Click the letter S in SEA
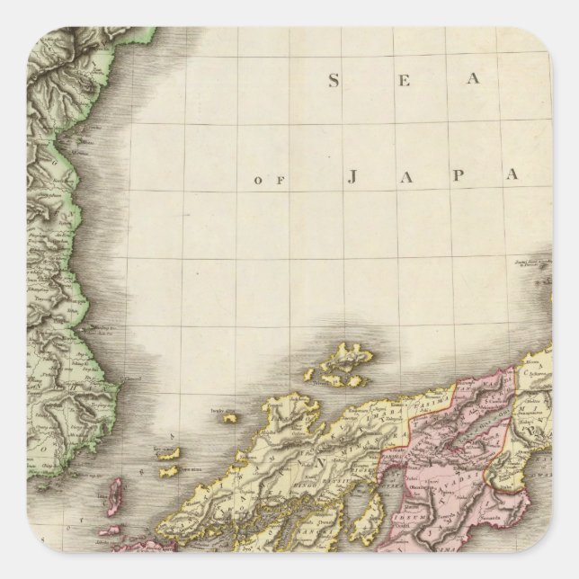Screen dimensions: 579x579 click(334, 81)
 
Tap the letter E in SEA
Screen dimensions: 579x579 click(405, 81)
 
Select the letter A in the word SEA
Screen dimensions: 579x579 click(479, 81)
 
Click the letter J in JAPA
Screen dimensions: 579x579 click(352, 176)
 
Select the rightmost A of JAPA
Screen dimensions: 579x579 click(513, 176)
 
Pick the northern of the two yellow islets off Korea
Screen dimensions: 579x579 click(170, 454)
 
